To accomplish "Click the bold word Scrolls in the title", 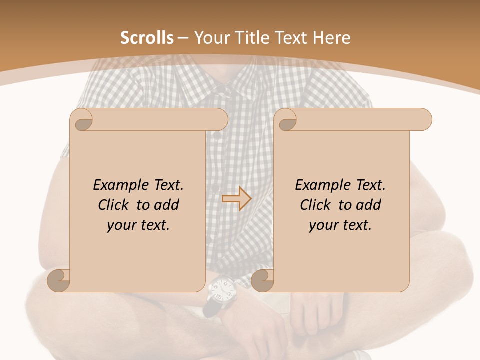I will tap(147, 38).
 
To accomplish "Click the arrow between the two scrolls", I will tap(236, 199).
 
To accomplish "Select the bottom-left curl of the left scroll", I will tap(59, 280).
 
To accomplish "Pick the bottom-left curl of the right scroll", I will tap(263, 280).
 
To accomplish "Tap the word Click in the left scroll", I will tap(113, 205).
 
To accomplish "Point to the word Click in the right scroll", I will tap(315, 205).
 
